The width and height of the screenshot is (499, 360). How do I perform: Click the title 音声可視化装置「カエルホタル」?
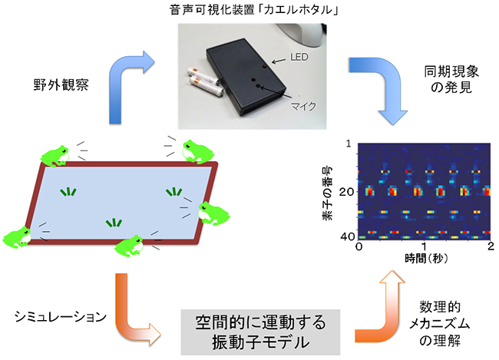(x=249, y=11)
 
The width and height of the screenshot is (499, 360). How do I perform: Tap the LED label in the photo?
(x=300, y=58)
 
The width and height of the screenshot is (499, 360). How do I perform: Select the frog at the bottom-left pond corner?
(x=18, y=237)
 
